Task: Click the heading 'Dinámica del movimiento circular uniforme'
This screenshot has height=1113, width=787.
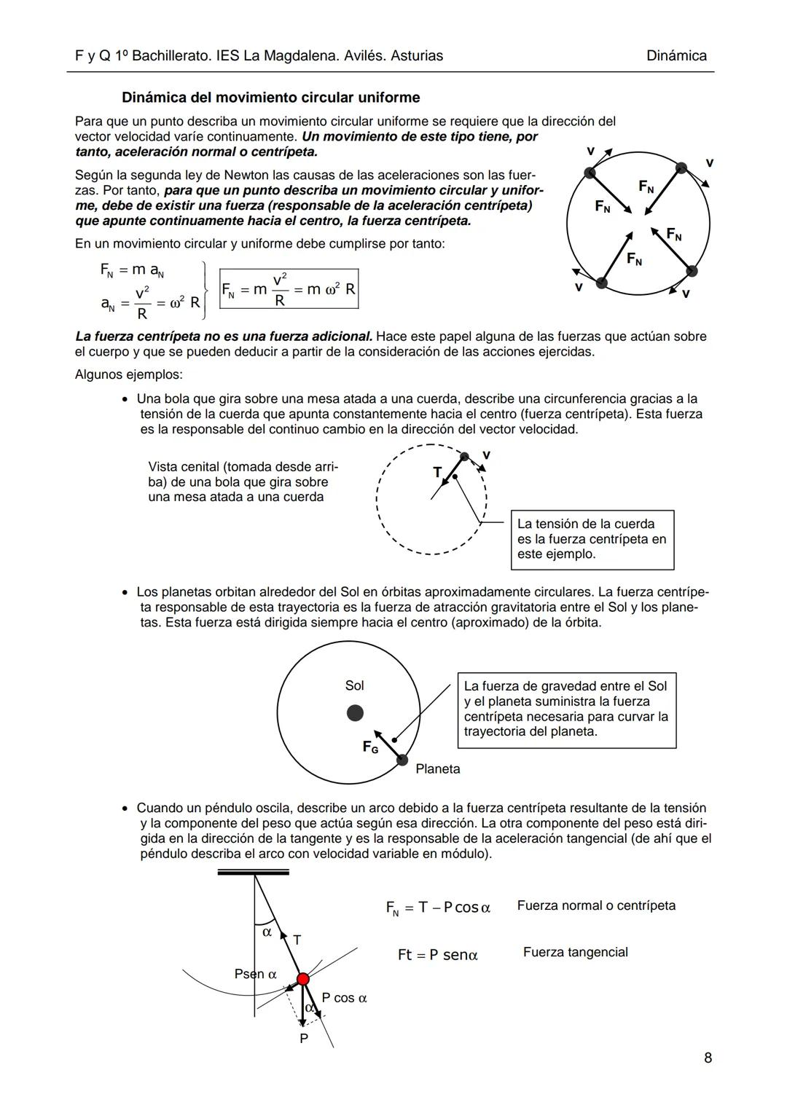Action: (270, 98)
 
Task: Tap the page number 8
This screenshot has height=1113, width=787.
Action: (708, 1058)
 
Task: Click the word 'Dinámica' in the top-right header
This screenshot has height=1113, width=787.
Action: (676, 56)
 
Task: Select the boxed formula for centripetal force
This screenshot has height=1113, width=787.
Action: (289, 289)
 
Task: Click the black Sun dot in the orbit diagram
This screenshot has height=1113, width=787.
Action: (355, 713)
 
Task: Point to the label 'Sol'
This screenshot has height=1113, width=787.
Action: (354, 685)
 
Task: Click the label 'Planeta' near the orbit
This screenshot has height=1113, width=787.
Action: (438, 768)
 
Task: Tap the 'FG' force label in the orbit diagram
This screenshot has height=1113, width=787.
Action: (370, 747)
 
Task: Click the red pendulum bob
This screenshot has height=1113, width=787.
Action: (302, 979)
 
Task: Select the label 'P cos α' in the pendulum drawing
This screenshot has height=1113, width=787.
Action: (344, 998)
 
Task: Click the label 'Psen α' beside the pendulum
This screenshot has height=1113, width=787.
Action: (256, 974)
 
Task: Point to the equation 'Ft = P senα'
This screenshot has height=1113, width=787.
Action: (437, 955)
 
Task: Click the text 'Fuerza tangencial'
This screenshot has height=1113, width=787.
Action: (575, 952)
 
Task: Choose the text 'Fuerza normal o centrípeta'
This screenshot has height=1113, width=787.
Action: (596, 905)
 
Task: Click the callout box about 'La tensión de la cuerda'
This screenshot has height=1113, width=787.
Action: (592, 539)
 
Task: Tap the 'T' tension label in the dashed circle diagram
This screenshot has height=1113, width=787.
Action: (437, 472)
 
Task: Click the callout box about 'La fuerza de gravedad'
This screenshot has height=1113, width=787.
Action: (566, 709)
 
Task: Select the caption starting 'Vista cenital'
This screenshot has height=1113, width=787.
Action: (243, 481)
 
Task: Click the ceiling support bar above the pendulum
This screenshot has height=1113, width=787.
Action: (253, 872)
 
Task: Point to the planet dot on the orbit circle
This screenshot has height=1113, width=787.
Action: (402, 760)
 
